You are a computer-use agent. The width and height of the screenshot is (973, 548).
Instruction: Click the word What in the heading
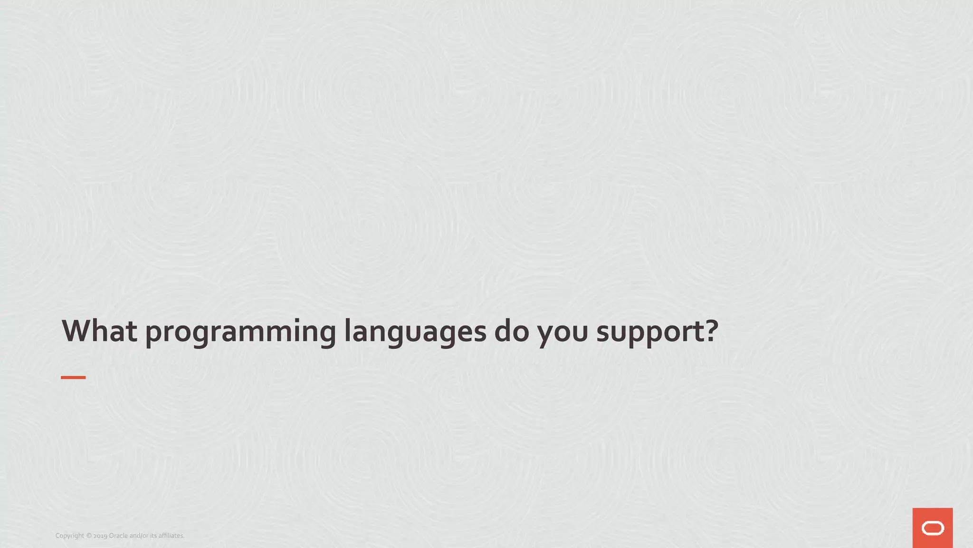(99, 331)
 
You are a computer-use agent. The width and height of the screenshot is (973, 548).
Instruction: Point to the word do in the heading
(511, 331)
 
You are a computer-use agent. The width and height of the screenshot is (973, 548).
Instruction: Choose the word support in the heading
(648, 333)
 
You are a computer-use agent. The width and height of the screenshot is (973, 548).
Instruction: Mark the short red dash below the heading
(73, 377)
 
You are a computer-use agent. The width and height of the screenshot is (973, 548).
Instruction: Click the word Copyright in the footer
(69, 536)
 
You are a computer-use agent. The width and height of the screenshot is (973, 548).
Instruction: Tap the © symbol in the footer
(88, 536)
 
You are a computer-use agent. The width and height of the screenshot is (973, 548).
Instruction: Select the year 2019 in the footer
(100, 536)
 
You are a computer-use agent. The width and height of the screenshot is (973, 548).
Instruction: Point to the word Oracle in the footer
(118, 536)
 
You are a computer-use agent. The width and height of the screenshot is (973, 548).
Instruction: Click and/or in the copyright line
(139, 536)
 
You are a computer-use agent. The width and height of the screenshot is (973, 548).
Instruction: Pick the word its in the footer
(153, 536)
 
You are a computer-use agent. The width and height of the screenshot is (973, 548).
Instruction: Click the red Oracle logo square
(932, 528)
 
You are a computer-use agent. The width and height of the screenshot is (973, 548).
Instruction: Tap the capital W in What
(77, 331)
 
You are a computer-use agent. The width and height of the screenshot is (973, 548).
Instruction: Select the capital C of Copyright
(57, 536)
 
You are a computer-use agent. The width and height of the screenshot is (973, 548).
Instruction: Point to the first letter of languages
(347, 330)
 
